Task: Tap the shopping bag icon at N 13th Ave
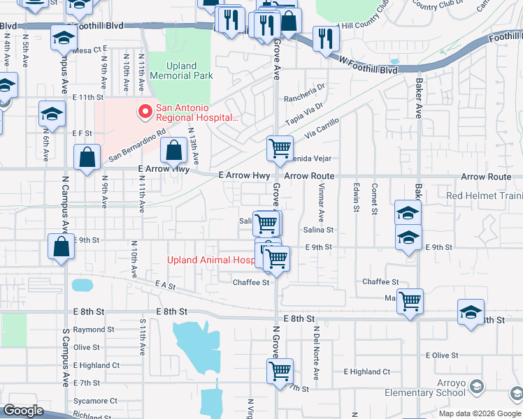click(x=173, y=150)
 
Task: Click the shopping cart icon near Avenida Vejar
click(x=280, y=148)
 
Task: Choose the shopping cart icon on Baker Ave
click(x=410, y=302)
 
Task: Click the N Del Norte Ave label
click(x=316, y=353)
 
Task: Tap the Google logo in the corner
click(x=24, y=411)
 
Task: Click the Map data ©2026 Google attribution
click(x=480, y=413)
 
